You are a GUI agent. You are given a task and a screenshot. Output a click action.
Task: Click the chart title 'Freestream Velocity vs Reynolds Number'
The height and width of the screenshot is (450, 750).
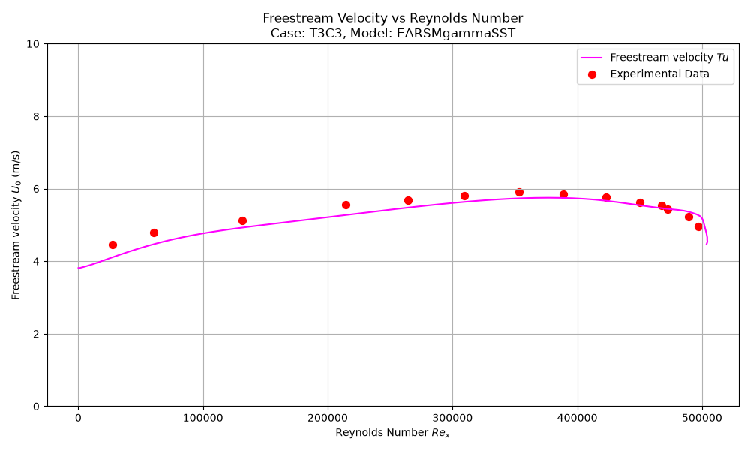click(393, 18)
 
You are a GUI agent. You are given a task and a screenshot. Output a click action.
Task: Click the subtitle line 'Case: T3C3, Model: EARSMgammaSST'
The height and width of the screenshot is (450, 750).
click(393, 34)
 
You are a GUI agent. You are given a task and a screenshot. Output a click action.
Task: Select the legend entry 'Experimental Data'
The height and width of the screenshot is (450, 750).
click(659, 73)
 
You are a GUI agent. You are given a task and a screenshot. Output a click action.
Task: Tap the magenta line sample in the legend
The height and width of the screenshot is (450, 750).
click(591, 58)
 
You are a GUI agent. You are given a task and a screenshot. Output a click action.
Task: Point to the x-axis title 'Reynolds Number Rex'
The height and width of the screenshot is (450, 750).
click(393, 432)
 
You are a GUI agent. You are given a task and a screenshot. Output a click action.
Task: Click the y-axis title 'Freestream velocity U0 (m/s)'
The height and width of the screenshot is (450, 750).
click(16, 225)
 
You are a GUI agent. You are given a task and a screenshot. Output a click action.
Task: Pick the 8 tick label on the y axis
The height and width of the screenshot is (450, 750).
click(37, 117)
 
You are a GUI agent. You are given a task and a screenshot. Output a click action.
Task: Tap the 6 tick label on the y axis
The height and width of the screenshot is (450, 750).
click(37, 189)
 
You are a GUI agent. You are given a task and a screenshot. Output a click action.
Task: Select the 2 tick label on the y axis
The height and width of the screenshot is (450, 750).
click(37, 334)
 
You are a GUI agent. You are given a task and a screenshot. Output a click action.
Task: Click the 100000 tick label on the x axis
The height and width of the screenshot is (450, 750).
click(203, 418)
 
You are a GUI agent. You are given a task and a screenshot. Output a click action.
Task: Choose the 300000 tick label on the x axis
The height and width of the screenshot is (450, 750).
click(452, 418)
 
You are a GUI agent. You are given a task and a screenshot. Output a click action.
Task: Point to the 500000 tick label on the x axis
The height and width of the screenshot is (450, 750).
click(702, 418)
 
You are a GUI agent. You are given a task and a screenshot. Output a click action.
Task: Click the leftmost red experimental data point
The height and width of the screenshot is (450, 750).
click(113, 244)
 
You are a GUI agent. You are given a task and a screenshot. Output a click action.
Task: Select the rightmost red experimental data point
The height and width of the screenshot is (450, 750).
click(698, 226)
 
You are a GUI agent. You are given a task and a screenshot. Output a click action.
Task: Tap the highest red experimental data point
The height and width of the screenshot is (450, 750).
click(520, 192)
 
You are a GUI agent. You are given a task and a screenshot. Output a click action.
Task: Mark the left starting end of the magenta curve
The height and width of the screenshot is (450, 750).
click(79, 268)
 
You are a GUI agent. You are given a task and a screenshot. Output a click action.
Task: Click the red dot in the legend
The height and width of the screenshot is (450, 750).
click(592, 74)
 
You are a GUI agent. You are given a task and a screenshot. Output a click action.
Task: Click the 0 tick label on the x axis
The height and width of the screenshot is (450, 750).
click(79, 418)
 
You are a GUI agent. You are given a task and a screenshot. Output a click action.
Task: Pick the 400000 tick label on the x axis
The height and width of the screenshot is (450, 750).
click(577, 418)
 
